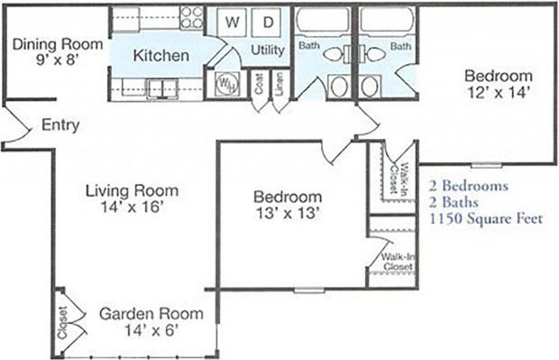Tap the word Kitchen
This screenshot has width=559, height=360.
[160, 56]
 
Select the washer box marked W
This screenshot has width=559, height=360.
[232, 21]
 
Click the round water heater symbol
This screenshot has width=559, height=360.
[224, 84]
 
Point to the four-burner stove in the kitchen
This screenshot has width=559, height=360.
[191, 17]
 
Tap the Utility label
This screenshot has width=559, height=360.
[267, 50]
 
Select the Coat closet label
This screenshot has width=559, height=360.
[259, 88]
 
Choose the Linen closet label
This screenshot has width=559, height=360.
[279, 87]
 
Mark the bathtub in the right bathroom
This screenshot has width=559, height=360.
[387, 19]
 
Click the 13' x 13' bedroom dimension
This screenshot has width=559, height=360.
[287, 213]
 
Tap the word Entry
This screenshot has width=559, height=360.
[60, 125]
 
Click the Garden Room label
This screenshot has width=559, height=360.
[151, 314]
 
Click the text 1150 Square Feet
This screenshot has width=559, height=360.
[486, 217]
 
